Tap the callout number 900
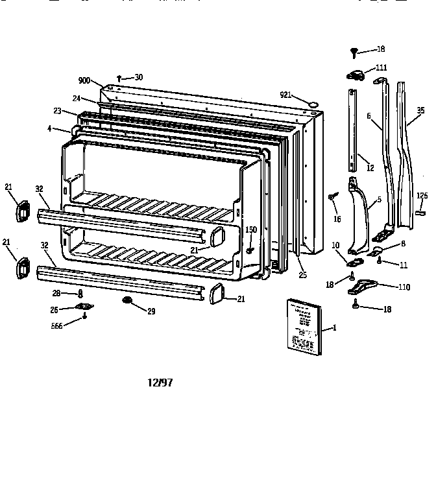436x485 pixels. click(x=85, y=81)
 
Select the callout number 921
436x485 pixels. click(x=285, y=95)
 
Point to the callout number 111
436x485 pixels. click(x=381, y=68)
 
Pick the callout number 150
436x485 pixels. click(x=250, y=230)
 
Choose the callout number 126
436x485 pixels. click(x=422, y=196)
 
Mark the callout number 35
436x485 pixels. click(x=421, y=110)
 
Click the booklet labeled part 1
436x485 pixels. click(x=304, y=327)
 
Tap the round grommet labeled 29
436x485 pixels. click(x=127, y=301)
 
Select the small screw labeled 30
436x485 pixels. click(x=119, y=78)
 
